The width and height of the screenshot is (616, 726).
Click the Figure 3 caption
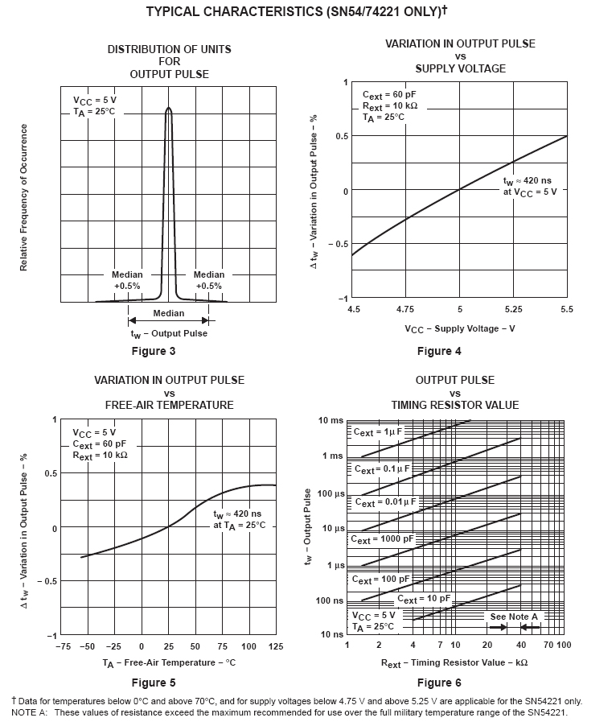(153, 351)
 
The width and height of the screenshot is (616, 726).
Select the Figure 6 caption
(439, 683)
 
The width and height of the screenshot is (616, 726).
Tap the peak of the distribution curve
(169, 108)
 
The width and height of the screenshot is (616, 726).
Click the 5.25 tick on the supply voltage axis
(513, 309)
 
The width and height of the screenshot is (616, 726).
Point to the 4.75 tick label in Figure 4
(405, 309)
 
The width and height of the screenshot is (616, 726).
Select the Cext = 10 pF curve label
(424, 600)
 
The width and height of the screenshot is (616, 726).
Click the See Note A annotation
(514, 617)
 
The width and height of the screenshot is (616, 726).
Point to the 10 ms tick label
(331, 420)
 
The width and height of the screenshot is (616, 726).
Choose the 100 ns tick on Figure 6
(330, 600)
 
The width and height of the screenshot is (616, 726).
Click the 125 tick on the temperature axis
(275, 646)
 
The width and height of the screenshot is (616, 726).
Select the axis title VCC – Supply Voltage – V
(460, 328)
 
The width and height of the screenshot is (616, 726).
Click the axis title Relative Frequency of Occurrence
(23, 197)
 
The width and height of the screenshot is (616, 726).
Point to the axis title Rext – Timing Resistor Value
(454, 662)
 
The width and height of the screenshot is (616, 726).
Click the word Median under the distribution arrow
(168, 313)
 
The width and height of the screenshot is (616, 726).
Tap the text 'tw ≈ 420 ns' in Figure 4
(528, 182)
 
